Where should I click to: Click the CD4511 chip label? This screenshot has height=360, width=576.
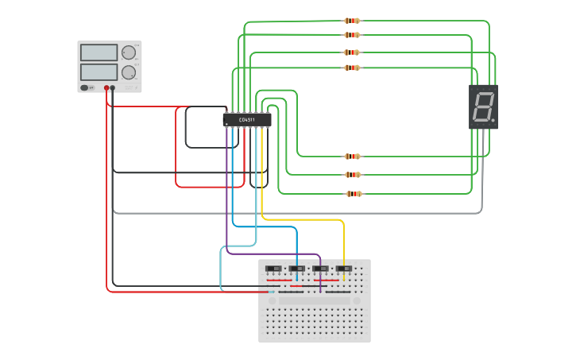pos(248,120)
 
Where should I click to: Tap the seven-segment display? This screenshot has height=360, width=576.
pos(483,106)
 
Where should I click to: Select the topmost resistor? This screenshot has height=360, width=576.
pos(352,21)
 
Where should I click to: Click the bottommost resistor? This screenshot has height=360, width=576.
pos(354,194)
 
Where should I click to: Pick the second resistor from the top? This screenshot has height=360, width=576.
pos(352,35)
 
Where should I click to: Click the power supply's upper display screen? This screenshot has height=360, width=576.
pos(99,53)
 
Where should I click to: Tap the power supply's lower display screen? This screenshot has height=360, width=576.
pos(99,72)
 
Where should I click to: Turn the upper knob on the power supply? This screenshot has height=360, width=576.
pos(129,53)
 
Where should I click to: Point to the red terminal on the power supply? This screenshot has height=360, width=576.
pos(106,87)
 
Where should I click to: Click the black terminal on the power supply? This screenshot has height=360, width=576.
pos(113,87)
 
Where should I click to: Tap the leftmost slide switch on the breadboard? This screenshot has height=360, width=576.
pos(273,269)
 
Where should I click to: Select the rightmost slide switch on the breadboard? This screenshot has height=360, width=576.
pos(344,269)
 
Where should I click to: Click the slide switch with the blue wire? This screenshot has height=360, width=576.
pos(297,269)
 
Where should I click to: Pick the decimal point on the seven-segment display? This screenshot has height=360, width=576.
pos(493,121)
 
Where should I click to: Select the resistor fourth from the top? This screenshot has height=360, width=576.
pos(352,68)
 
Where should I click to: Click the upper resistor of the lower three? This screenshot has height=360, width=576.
pos(354,157)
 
